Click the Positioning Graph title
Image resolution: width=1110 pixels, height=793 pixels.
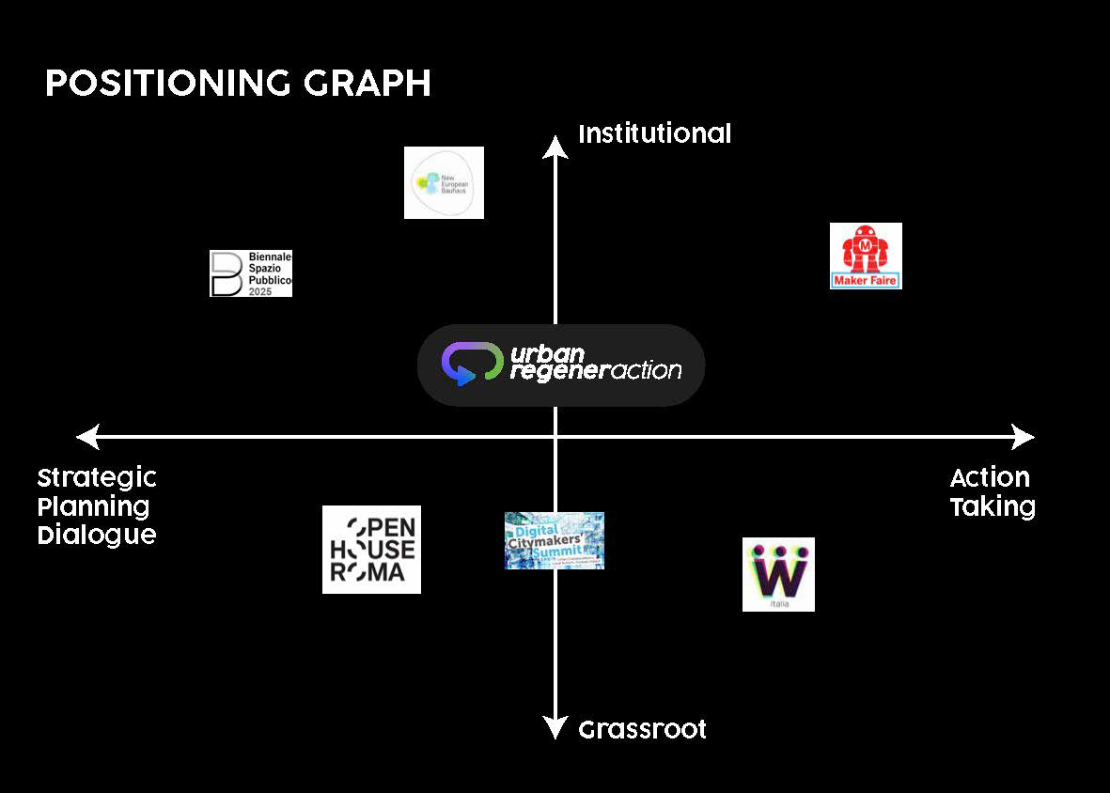[238, 84]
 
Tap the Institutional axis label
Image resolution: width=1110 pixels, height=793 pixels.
[654, 134]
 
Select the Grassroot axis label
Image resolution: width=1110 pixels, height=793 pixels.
[642, 729]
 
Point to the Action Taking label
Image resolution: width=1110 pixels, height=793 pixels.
[992, 492]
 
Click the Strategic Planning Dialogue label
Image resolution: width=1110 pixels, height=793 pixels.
[97, 506]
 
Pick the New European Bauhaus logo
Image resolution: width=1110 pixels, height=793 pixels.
[444, 182]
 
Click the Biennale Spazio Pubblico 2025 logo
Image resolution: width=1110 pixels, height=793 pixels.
[250, 273]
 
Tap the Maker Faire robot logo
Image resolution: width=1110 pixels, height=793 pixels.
[866, 256]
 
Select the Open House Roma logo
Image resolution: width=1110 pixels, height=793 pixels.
[371, 550]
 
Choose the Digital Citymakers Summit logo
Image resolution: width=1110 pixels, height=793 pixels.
[554, 540]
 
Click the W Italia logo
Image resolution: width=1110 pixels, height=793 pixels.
[778, 574]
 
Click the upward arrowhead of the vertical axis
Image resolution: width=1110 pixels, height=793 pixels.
[555, 145]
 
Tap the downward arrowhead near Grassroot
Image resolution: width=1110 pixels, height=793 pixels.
[555, 728]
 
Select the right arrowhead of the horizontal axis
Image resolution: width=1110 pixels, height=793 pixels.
[1024, 437]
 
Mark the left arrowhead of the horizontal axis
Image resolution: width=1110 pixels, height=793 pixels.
[87, 437]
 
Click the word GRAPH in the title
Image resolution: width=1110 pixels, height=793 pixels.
[367, 84]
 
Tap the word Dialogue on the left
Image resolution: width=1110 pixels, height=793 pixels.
[97, 536]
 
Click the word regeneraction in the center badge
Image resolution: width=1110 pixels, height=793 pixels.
[595, 372]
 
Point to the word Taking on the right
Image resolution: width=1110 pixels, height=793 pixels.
[992, 507]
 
